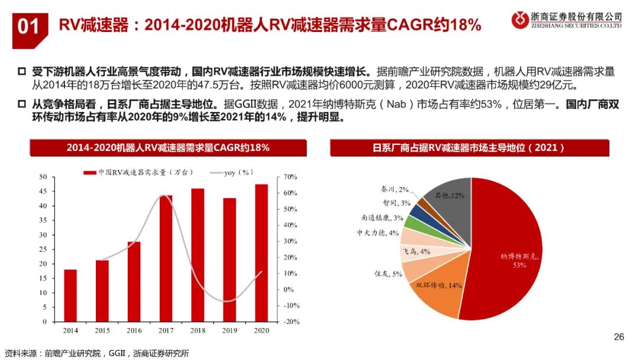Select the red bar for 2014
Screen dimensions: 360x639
tap(70, 295)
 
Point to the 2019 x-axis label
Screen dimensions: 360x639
tap(230, 330)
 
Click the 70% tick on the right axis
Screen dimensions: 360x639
tap(289, 177)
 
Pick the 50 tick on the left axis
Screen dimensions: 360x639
tap(43, 177)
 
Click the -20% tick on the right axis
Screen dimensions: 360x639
tap(290, 322)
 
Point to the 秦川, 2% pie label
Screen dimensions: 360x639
tap(395, 189)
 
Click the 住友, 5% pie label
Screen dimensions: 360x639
tap(388, 274)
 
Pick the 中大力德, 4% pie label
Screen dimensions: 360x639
tap(378, 233)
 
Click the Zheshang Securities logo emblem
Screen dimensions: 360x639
tap(519, 20)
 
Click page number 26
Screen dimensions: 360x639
tap(619, 337)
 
